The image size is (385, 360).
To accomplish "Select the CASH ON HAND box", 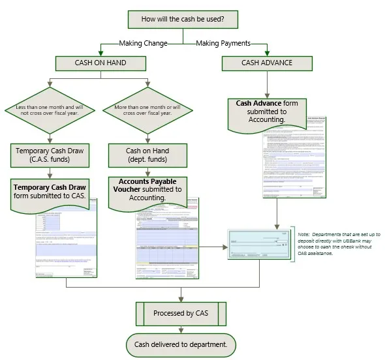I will tap(100, 63).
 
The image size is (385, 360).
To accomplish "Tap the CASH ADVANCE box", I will tap(266, 63).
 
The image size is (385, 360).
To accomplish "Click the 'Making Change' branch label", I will tap(143, 44).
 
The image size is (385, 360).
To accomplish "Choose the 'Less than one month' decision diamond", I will tap(50, 108).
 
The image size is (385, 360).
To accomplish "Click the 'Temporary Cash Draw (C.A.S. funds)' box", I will tap(50, 155).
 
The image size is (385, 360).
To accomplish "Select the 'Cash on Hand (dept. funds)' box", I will tap(147, 155).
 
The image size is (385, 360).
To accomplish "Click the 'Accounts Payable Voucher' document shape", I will tap(147, 191).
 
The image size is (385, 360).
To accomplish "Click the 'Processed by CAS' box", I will tap(181, 313).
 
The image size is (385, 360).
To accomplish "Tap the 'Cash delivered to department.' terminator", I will tap(180, 344).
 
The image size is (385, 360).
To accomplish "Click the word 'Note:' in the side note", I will tap(305, 234).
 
